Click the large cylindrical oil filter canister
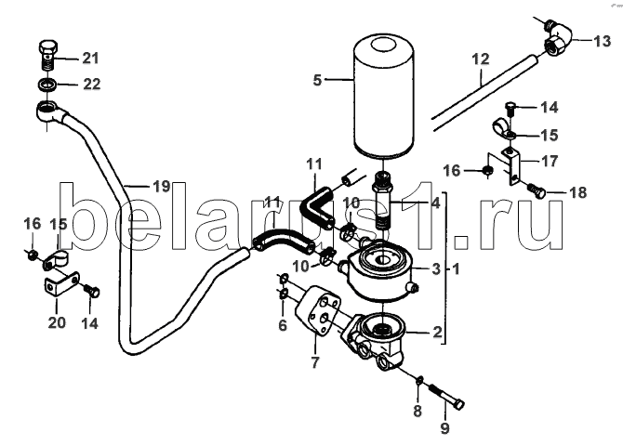coord(383,97)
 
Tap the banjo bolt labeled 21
coord(48,55)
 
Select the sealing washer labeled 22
coord(47,85)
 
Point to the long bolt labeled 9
coord(447,396)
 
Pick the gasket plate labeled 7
coord(317,308)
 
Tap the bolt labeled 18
coord(537,191)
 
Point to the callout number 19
coord(162,186)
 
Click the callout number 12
coord(481,59)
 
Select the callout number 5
coord(317,80)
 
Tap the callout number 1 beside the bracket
coord(456,268)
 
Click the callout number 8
coord(418,411)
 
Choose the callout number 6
coord(283,325)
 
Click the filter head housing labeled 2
coord(376,340)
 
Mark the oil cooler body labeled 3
coord(380,274)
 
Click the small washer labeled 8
coord(419,380)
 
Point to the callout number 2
coord(437,332)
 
